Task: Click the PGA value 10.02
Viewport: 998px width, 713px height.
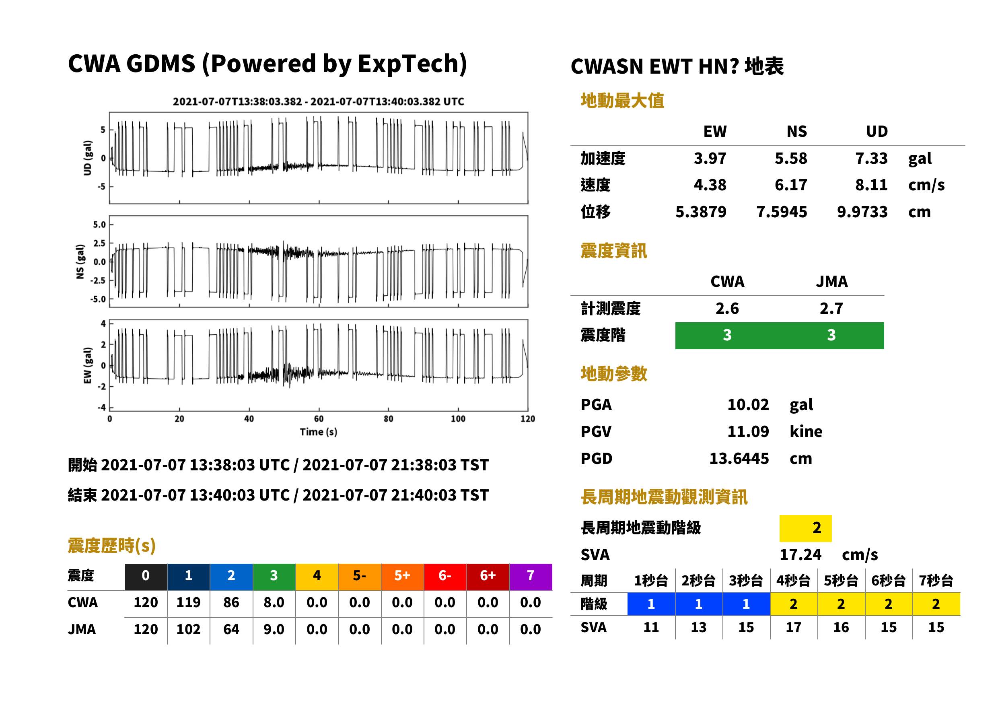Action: (748, 404)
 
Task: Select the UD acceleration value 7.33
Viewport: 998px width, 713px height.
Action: (871, 158)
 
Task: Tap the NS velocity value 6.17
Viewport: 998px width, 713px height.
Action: (791, 185)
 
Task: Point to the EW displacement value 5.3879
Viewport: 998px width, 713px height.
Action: (701, 212)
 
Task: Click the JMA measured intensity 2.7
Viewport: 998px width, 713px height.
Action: (831, 308)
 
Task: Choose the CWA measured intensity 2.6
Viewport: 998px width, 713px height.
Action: (727, 308)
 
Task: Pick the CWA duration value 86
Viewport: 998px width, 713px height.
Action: (231, 602)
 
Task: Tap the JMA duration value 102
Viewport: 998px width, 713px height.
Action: (188, 629)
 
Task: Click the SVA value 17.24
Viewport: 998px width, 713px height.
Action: (800, 554)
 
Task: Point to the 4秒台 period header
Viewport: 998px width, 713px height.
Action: (794, 580)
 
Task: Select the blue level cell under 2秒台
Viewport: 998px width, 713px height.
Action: (699, 604)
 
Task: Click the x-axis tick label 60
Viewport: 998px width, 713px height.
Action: (319, 419)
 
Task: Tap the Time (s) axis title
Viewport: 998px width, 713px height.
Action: (319, 432)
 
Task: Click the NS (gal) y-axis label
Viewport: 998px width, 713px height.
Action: (80, 262)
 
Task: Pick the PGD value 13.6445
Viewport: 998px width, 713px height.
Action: (739, 459)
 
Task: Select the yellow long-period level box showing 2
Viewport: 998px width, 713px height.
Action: (805, 528)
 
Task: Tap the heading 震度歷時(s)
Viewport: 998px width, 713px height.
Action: (112, 546)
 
